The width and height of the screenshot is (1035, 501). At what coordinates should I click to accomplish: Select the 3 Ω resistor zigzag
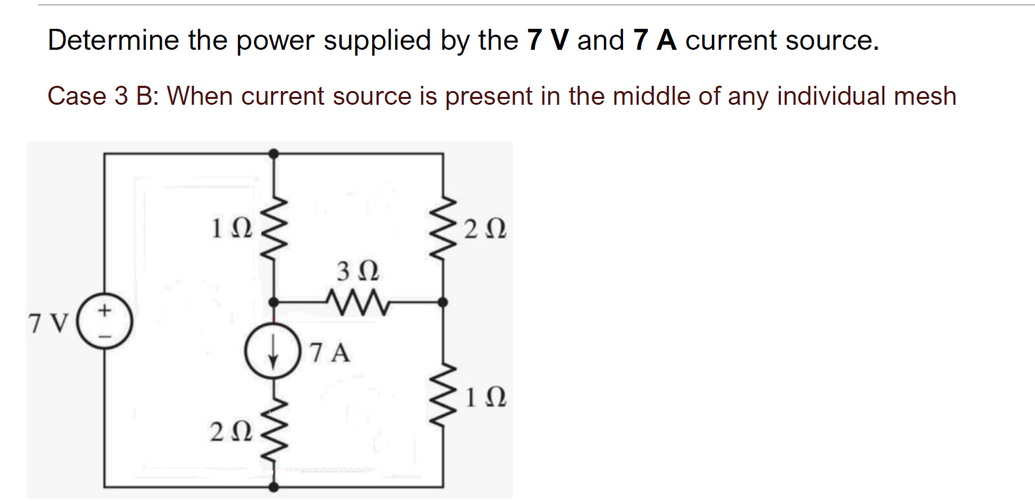(x=357, y=303)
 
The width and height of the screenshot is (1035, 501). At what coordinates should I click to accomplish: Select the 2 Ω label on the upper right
(x=484, y=231)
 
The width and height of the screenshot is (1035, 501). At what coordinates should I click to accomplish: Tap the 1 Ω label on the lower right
(x=484, y=398)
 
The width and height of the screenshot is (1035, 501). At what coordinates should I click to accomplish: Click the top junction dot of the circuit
(x=273, y=153)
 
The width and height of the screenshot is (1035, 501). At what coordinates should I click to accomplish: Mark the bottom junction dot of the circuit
(x=273, y=487)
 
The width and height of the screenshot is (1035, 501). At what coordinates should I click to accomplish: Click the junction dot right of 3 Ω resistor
(x=443, y=302)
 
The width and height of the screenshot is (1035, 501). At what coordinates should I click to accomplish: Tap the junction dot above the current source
(x=273, y=303)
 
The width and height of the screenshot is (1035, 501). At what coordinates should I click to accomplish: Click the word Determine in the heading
(x=113, y=41)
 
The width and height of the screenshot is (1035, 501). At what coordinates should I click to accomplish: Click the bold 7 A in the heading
(x=654, y=41)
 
